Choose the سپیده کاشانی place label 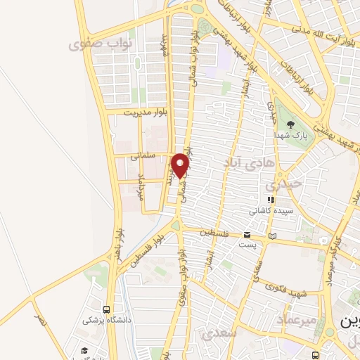(271, 210)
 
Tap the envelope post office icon (247, 235)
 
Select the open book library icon (273, 236)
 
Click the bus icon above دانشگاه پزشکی (106, 309)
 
